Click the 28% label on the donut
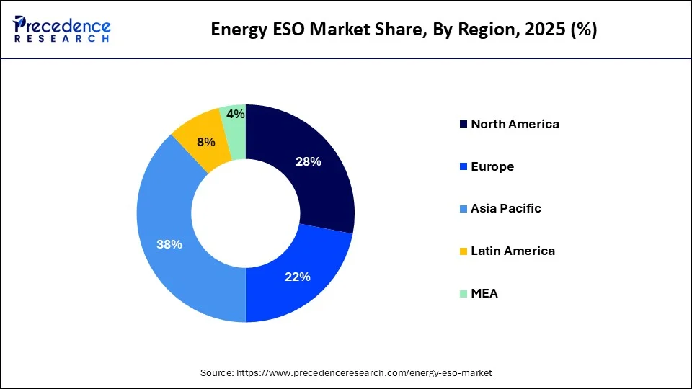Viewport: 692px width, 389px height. pyautogui.click(x=308, y=161)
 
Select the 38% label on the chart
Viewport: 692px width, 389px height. pyautogui.click(x=169, y=244)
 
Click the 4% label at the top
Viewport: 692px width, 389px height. pyautogui.click(x=235, y=114)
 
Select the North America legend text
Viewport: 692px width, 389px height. pyautogui.click(x=515, y=124)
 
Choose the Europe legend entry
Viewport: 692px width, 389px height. pyautogui.click(x=492, y=166)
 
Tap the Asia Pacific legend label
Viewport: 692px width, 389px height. pyautogui.click(x=506, y=208)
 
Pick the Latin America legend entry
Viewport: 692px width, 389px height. pyautogui.click(x=513, y=251)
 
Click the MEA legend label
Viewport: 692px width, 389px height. pyautogui.click(x=484, y=293)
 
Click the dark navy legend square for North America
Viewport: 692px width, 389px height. pyautogui.click(x=462, y=125)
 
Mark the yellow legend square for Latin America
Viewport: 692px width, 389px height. pyautogui.click(x=462, y=251)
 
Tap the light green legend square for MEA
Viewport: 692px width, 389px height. pyautogui.click(x=462, y=294)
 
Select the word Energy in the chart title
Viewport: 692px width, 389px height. pyautogui.click(x=234, y=30)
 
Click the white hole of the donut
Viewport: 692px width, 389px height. pyautogui.click(x=246, y=213)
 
